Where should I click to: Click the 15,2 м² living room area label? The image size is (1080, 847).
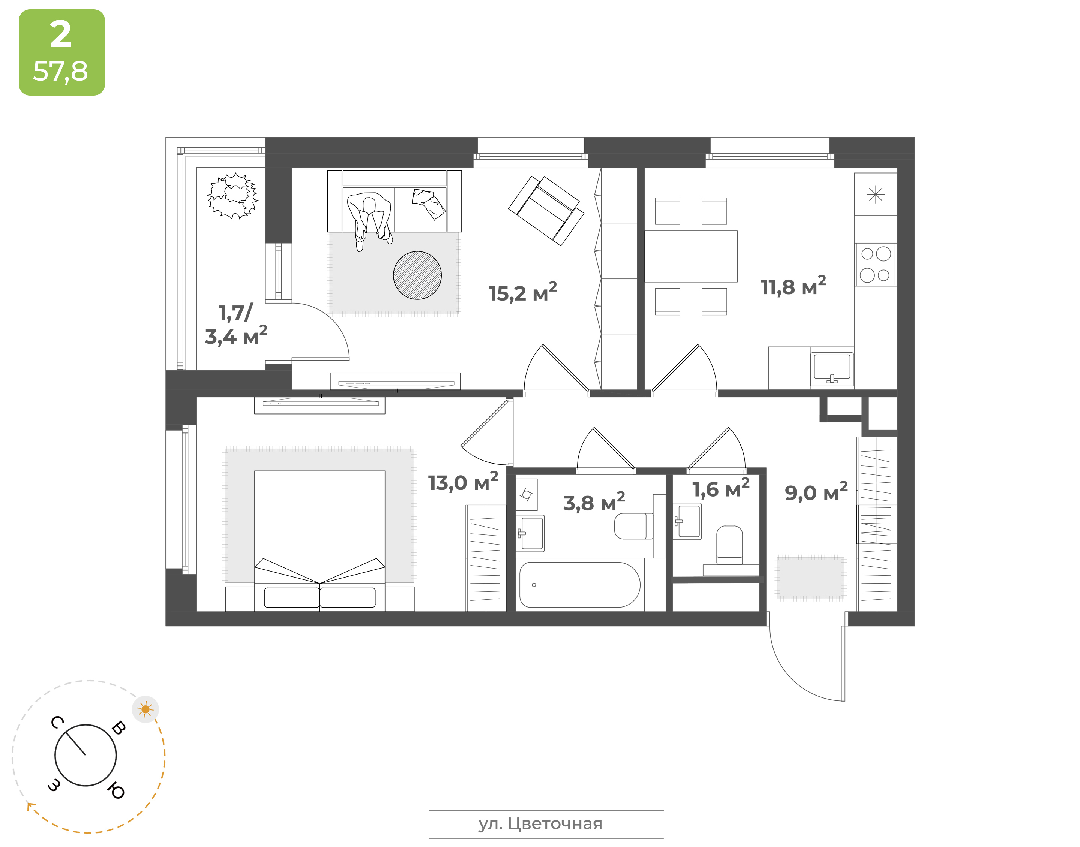[522, 293]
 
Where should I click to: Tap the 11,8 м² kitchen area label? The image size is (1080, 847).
[793, 286]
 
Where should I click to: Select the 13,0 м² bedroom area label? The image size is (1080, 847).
[463, 482]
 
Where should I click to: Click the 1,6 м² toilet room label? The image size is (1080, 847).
[721, 488]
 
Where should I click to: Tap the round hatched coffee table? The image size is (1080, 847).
[417, 275]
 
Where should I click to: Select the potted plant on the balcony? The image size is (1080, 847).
[232, 196]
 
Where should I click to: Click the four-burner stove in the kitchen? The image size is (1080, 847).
[876, 264]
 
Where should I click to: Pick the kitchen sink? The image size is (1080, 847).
[832, 369]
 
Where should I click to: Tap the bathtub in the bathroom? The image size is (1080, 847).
[579, 585]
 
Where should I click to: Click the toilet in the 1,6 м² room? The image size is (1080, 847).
[730, 545]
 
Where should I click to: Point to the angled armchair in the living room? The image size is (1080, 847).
[546, 211]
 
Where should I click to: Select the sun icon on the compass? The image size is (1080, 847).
[145, 709]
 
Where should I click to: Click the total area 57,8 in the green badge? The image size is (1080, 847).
[60, 72]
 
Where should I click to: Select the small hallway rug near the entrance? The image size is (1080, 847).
[810, 578]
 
